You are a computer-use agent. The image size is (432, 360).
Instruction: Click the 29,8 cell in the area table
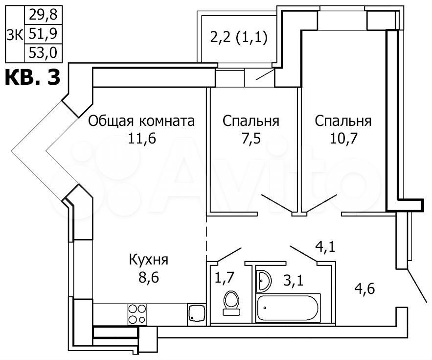tap(43, 14)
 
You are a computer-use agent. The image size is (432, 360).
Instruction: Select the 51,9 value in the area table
tap(43, 33)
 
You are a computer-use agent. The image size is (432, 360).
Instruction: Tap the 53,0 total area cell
tap(43, 52)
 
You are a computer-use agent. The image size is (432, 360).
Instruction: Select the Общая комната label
tap(141, 121)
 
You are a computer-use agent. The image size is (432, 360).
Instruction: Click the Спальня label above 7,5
tap(251, 121)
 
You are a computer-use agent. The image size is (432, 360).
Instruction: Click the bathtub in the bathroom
tap(289, 308)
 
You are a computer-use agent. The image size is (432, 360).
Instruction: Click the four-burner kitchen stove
tap(137, 313)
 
